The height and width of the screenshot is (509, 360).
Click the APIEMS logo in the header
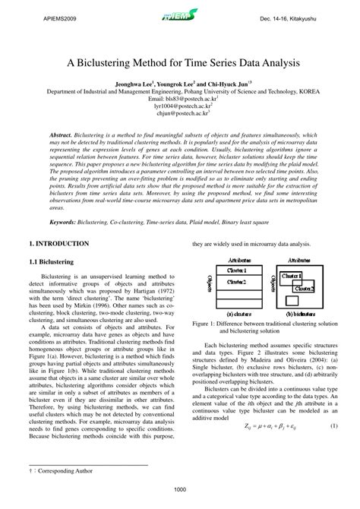(x=180, y=14)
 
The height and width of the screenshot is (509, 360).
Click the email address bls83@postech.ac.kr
(x=179, y=99)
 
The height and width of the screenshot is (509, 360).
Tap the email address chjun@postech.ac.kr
(x=179, y=114)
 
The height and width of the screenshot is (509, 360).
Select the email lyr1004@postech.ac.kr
(x=179, y=106)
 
